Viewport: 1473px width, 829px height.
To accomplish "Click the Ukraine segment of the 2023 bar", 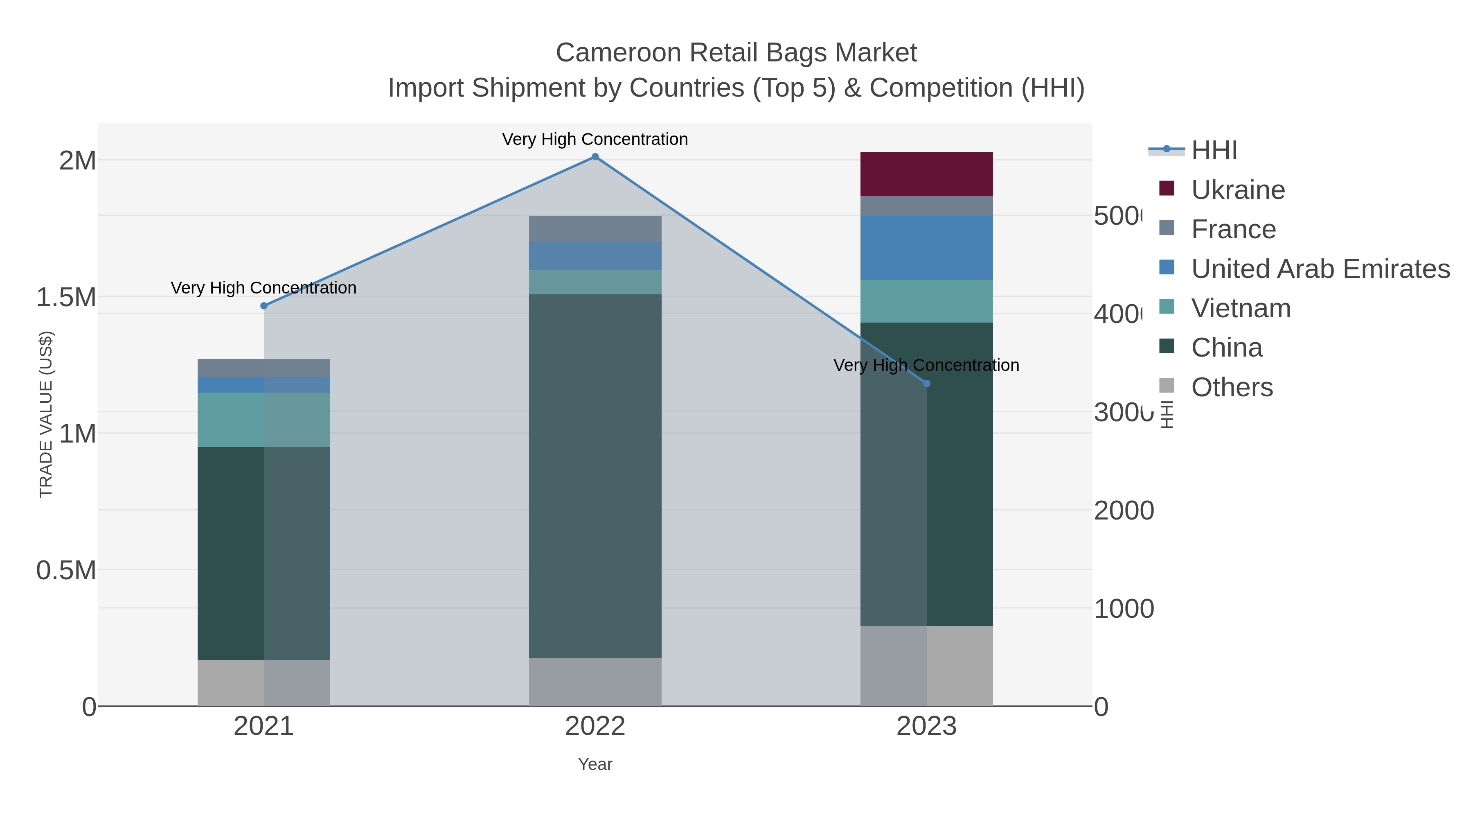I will tap(926, 174).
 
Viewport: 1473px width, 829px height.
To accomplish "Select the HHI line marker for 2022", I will tap(595, 157).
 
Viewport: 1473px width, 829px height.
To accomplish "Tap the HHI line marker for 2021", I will tap(264, 306).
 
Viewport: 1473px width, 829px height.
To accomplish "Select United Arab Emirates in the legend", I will tap(1320, 269).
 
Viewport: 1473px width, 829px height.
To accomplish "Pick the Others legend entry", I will tap(1232, 387).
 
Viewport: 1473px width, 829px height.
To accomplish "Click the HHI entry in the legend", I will tap(1214, 151).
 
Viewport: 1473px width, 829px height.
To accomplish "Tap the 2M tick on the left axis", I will tap(77, 161).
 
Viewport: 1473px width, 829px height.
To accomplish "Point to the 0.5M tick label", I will tap(66, 570).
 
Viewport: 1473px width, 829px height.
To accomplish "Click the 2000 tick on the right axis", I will tap(1124, 511).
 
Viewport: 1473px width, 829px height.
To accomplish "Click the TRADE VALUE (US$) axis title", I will tap(46, 414).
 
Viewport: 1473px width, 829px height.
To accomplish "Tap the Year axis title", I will tap(595, 764).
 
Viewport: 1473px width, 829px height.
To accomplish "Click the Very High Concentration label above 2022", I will tap(595, 139).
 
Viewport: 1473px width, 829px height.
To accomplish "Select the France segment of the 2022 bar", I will tap(595, 228).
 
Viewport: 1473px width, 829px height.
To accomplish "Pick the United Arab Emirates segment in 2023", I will tap(926, 248).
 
